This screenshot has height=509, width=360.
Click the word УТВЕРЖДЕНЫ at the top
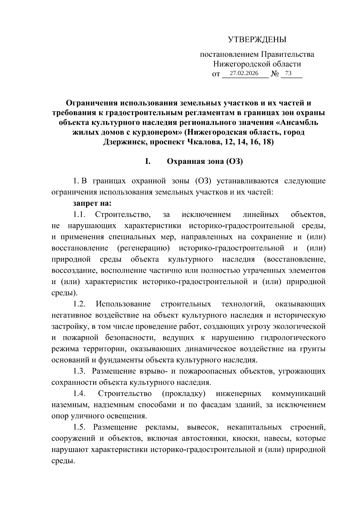[257, 40]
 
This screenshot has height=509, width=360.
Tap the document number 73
[288, 73]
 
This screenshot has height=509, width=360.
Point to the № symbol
[275, 73]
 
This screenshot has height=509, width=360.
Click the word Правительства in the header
[287, 55]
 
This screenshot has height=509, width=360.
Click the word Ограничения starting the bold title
[92, 103]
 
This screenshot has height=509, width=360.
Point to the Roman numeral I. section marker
[148, 161]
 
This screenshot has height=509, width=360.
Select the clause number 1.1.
[80, 214]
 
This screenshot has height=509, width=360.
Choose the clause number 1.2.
[80, 304]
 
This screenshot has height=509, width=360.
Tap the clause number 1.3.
[80, 371]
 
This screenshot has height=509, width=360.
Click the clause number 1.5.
[80, 427]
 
